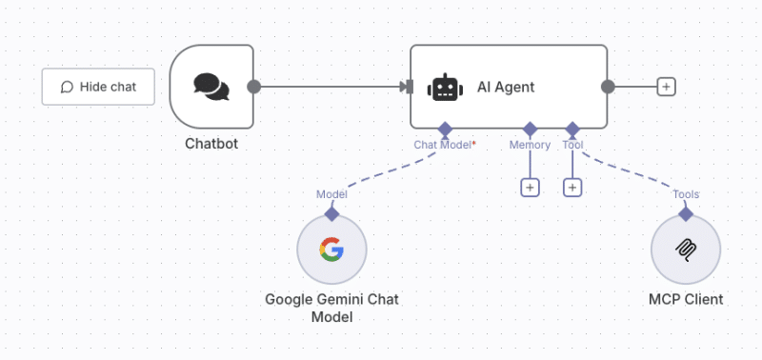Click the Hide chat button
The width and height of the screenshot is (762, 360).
pyautogui.click(x=98, y=87)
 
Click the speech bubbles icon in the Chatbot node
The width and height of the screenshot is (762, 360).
pyautogui.click(x=211, y=87)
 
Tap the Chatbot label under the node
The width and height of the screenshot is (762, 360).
pyautogui.click(x=211, y=144)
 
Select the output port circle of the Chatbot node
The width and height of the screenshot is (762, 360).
pyautogui.click(x=253, y=87)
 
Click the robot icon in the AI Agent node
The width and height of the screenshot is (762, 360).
pyautogui.click(x=445, y=88)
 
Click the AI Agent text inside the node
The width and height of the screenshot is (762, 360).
pyautogui.click(x=506, y=88)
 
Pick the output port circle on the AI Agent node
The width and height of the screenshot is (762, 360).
pyautogui.click(x=608, y=87)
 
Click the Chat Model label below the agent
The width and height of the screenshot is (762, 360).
pyautogui.click(x=444, y=145)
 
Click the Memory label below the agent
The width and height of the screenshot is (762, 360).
pyautogui.click(x=530, y=145)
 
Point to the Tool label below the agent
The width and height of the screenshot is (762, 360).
pyautogui.click(x=572, y=145)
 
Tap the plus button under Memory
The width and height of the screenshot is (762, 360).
pyautogui.click(x=530, y=188)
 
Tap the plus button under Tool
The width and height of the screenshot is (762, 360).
pyautogui.click(x=572, y=188)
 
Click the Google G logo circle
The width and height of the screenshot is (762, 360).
pyautogui.click(x=331, y=250)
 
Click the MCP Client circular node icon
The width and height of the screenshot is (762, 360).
pyautogui.click(x=686, y=250)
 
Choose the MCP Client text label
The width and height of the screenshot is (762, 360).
pyautogui.click(x=686, y=299)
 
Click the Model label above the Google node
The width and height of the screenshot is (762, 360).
pyautogui.click(x=331, y=194)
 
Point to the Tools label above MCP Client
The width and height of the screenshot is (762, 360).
pyautogui.click(x=686, y=194)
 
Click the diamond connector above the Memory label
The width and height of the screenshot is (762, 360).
pyautogui.click(x=530, y=129)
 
